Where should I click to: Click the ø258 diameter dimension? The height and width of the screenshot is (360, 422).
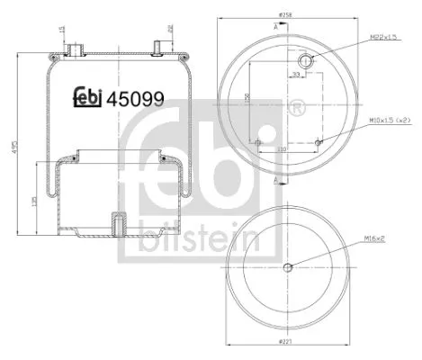pyautogui.click(x=288, y=15)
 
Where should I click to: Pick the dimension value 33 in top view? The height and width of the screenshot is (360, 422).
pyautogui.click(x=293, y=76)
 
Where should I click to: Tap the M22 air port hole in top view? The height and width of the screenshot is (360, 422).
pyautogui.click(x=306, y=60)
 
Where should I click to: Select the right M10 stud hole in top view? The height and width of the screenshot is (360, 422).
pyautogui.click(x=319, y=141)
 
